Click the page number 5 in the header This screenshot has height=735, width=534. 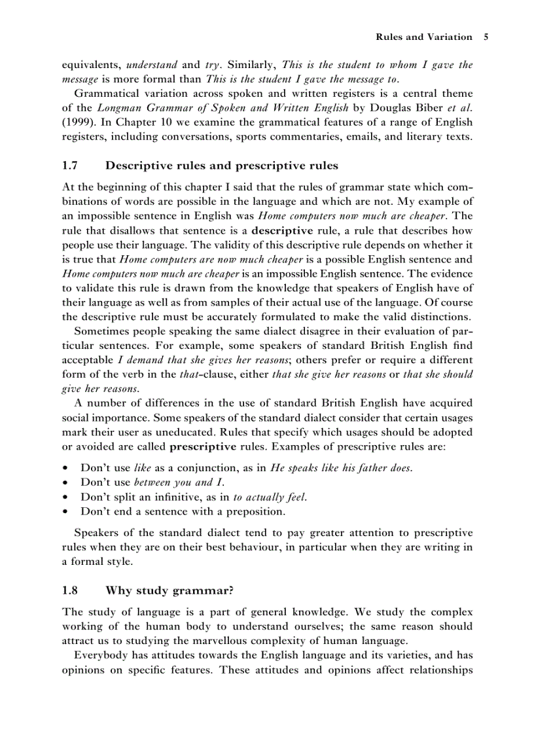pyautogui.click(x=486, y=37)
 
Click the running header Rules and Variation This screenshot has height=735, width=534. pyautogui.click(x=423, y=37)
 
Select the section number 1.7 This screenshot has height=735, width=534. pyautogui.click(x=70, y=166)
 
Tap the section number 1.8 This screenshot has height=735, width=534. pyautogui.click(x=70, y=590)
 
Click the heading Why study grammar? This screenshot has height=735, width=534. pyautogui.click(x=169, y=590)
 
